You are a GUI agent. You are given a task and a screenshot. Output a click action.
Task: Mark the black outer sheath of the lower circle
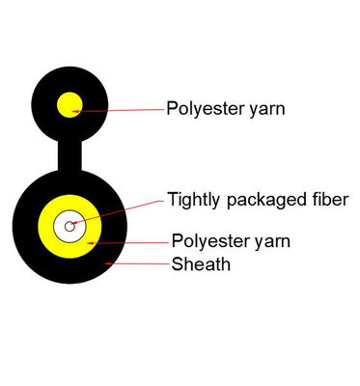(x=29, y=251)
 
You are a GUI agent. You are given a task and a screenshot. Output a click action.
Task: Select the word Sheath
(x=201, y=263)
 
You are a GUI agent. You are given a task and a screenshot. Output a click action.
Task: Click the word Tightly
(x=192, y=202)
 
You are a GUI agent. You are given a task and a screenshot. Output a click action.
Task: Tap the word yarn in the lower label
(x=271, y=241)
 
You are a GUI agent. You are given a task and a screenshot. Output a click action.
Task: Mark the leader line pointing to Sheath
(x=140, y=262)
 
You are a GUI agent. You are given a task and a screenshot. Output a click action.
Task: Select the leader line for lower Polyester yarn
(x=130, y=242)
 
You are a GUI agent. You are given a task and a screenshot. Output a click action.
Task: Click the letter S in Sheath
(x=178, y=263)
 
